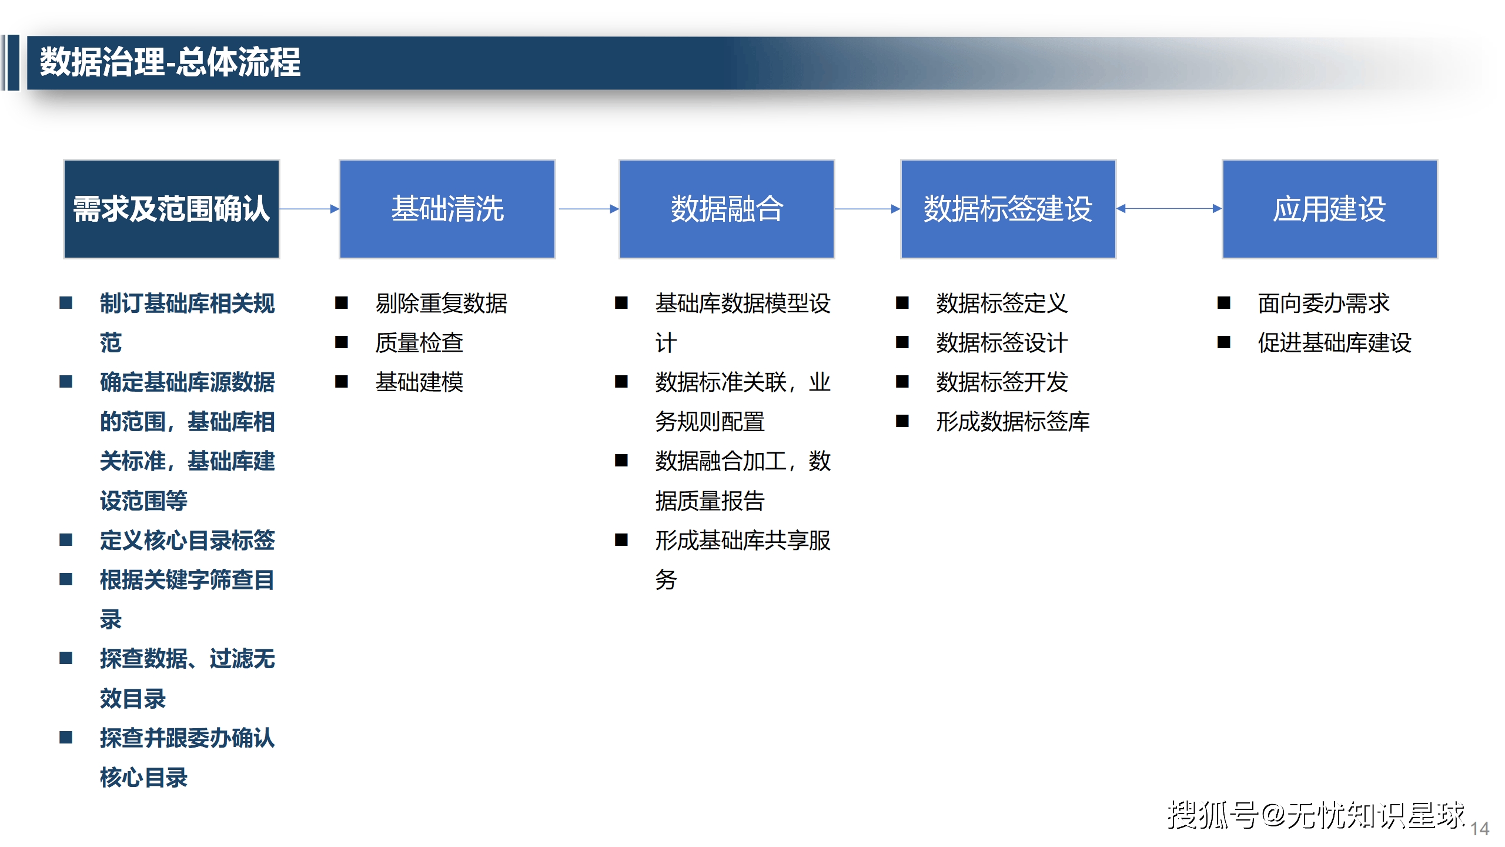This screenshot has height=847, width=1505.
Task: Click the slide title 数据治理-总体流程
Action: pos(170,62)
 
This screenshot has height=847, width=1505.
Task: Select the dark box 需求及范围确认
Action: pos(171,209)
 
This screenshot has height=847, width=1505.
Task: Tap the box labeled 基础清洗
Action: pos(447,209)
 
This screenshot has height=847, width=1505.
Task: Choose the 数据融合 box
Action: pos(727,209)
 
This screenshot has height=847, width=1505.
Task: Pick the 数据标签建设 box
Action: pos(1008,209)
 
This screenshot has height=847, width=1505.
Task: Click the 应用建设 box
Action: pos(1329,209)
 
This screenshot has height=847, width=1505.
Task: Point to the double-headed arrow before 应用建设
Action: pos(1169,208)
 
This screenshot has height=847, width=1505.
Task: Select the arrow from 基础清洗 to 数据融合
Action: pos(588,208)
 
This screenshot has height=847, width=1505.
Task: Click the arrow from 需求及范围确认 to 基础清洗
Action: pos(309,208)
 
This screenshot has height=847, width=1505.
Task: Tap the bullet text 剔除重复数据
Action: pos(441,304)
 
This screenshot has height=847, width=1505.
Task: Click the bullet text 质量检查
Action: pos(419,343)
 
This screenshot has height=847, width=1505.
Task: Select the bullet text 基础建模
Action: pos(419,382)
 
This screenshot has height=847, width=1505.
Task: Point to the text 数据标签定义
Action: pos(1002,304)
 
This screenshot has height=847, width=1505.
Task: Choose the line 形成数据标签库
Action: pos(1012,422)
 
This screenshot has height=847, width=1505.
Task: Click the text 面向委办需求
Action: pos(1323,304)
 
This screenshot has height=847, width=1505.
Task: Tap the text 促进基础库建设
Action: pos(1334,343)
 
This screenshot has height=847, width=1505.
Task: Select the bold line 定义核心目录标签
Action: pos(187,540)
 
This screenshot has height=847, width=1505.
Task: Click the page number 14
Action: pos(1480,829)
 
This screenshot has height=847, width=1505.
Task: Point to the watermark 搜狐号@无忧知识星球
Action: pos(1316,815)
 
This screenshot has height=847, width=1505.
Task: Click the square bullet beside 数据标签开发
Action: pos(902,382)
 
